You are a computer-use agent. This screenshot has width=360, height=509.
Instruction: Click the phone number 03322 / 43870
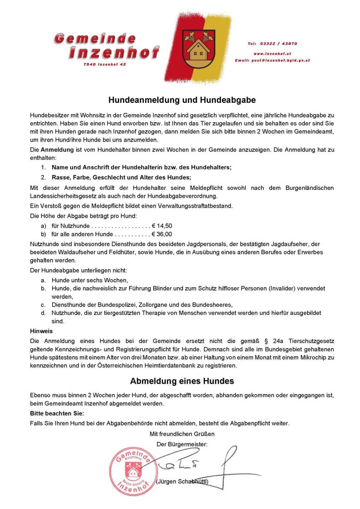point(279,44)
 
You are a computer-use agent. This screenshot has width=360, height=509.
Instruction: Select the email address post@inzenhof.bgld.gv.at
point(272,60)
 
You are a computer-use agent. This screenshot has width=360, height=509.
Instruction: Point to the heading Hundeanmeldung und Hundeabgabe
point(182,99)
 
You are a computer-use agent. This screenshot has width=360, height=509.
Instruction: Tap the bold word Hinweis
point(41,330)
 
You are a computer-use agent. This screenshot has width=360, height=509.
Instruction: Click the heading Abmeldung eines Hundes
point(182,381)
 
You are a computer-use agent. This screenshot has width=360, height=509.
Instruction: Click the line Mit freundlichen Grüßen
point(182,434)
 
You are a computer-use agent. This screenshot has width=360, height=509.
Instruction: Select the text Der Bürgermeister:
point(182,443)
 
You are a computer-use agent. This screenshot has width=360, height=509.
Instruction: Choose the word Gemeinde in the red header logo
point(95,38)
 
